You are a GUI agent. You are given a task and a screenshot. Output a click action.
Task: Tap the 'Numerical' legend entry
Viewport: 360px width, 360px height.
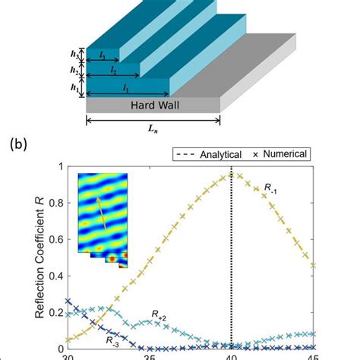(x=283, y=154)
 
